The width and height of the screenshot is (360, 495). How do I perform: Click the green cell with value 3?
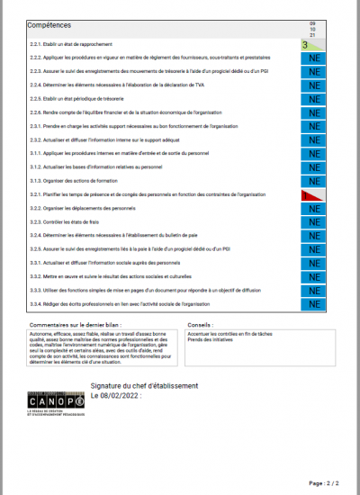[313, 43]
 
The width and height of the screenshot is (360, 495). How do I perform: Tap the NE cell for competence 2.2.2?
[313, 58]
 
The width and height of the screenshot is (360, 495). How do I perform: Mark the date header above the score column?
[313, 29]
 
